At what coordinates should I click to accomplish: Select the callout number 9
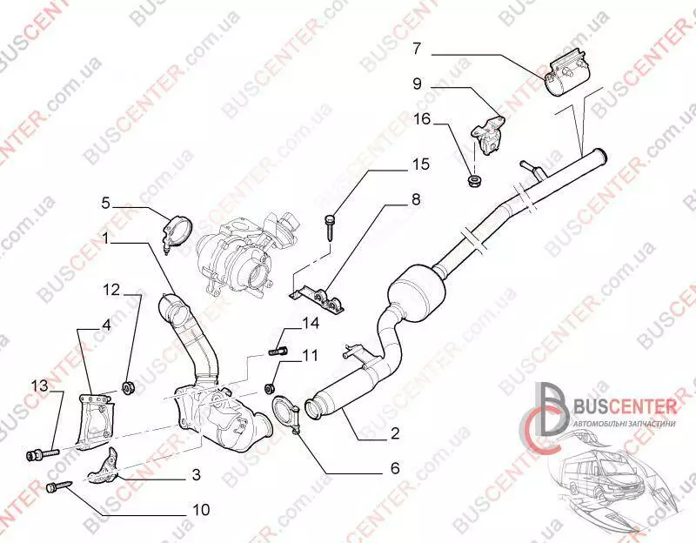pyautogui.click(x=417, y=84)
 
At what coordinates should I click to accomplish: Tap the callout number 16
pyautogui.click(x=421, y=119)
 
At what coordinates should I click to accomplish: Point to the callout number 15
pyautogui.click(x=421, y=164)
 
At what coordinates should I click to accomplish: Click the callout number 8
pyautogui.click(x=416, y=200)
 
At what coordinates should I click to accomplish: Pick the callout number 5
pyautogui.click(x=105, y=204)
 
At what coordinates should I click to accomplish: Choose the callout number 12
pyautogui.click(x=112, y=288)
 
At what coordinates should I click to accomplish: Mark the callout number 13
pyautogui.click(x=40, y=385)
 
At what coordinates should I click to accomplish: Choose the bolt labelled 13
pyautogui.click(x=40, y=452)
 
